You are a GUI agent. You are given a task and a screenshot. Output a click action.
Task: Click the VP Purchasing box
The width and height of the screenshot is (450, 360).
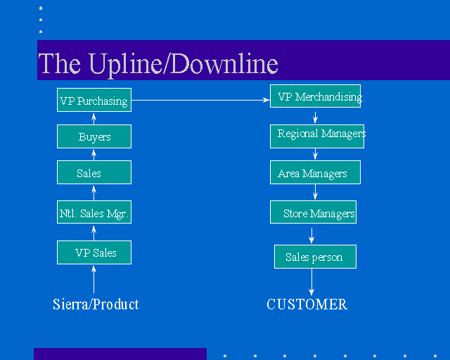point(94,100)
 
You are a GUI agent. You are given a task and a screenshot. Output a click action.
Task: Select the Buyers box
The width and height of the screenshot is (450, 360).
point(94,136)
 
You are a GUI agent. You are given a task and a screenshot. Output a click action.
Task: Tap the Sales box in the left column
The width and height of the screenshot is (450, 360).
point(94,172)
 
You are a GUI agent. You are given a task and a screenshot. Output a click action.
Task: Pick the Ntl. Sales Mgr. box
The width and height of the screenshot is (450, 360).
point(94,212)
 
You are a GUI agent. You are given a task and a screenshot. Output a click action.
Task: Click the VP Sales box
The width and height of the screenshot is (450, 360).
point(94,252)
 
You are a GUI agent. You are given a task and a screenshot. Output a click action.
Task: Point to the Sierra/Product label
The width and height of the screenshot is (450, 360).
point(96,304)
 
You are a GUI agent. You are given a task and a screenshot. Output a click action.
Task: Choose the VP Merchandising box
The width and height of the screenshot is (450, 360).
point(316,97)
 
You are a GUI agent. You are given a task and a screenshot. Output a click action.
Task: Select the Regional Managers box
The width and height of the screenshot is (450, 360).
point(317,136)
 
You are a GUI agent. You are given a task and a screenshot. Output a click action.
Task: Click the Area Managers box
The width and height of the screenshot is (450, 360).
point(314,173)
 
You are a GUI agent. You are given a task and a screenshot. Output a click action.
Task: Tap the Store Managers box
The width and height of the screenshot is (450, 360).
point(314,212)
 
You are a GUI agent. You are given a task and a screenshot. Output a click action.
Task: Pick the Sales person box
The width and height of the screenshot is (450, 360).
point(315,257)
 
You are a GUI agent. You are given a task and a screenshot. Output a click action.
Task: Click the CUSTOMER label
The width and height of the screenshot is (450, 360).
point(307,304)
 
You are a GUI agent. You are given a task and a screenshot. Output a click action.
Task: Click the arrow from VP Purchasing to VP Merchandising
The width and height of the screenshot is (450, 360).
point(200,101)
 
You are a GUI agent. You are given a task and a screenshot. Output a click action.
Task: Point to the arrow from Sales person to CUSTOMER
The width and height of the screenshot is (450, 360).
point(311,281)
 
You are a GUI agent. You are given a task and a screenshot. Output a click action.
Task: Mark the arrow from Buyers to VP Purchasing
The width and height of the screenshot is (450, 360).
point(94,118)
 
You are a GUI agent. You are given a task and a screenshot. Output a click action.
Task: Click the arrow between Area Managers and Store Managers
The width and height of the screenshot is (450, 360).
point(315,192)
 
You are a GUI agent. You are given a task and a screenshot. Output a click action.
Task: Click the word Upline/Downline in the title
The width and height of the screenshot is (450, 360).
point(183,64)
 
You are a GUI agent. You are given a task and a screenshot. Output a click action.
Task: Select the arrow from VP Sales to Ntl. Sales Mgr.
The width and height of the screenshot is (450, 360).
point(94,232)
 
